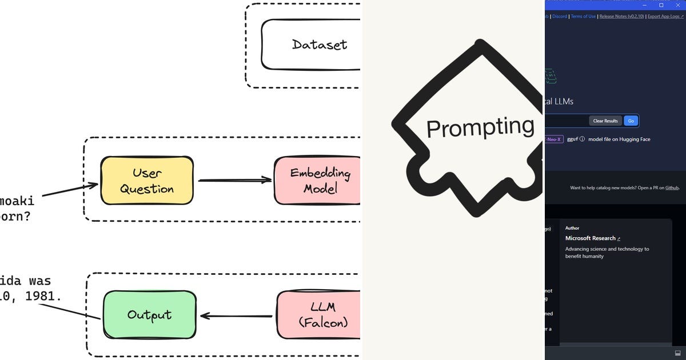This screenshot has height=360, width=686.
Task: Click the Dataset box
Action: point(312,45)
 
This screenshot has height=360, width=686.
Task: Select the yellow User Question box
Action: point(147,181)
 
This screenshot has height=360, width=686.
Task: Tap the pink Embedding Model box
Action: point(317,181)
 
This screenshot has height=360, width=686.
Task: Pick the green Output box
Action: point(149,314)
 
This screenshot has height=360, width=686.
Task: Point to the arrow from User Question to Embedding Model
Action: point(234,180)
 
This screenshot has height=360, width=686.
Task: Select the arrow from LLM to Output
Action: point(236,315)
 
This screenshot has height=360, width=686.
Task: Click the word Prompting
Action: point(480,127)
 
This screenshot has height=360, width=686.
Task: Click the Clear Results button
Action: point(605,121)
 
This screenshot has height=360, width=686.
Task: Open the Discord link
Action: point(560,17)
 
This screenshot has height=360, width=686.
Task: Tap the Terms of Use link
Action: point(583,17)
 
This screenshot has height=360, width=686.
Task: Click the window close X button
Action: point(679,5)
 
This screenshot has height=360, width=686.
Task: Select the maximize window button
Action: point(661,5)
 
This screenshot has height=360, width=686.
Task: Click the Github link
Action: point(671,187)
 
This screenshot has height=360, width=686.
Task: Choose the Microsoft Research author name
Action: point(591,238)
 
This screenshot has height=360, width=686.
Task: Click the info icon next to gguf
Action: point(582,139)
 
